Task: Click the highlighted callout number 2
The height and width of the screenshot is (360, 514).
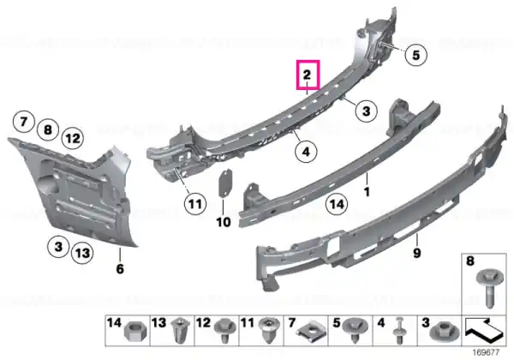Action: [x=307, y=75]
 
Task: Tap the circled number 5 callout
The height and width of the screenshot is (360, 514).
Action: [x=415, y=55]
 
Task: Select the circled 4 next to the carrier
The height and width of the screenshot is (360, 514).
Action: [x=306, y=152]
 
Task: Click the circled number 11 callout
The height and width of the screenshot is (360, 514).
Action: [x=195, y=204]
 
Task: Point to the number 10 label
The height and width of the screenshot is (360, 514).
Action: [x=224, y=222]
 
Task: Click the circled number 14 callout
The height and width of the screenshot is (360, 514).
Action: [x=337, y=204]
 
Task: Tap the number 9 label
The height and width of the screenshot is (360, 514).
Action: [x=417, y=253]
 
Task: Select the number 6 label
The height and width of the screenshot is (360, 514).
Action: [x=120, y=269]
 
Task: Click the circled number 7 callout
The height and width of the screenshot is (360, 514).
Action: [x=24, y=122]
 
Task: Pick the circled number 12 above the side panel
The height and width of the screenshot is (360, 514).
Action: [x=73, y=138]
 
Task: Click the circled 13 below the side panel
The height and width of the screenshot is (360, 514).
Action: [x=82, y=253]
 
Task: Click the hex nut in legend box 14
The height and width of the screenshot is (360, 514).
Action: [x=135, y=332]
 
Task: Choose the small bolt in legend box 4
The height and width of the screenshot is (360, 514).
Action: [x=399, y=330]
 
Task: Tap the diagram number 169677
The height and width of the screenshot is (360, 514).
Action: [x=486, y=352]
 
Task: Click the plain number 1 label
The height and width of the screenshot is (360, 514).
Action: [x=367, y=191]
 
